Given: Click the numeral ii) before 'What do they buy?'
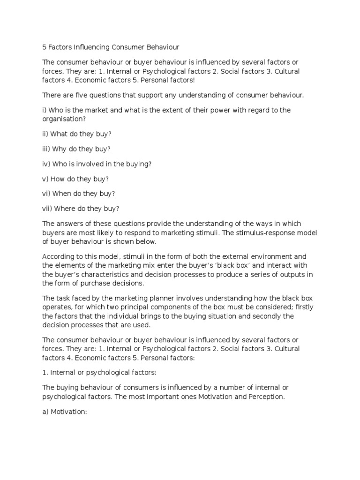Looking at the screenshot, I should point(45,134).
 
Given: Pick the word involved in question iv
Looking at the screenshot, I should point(96,164).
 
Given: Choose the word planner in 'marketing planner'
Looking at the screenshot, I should point(177,298).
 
